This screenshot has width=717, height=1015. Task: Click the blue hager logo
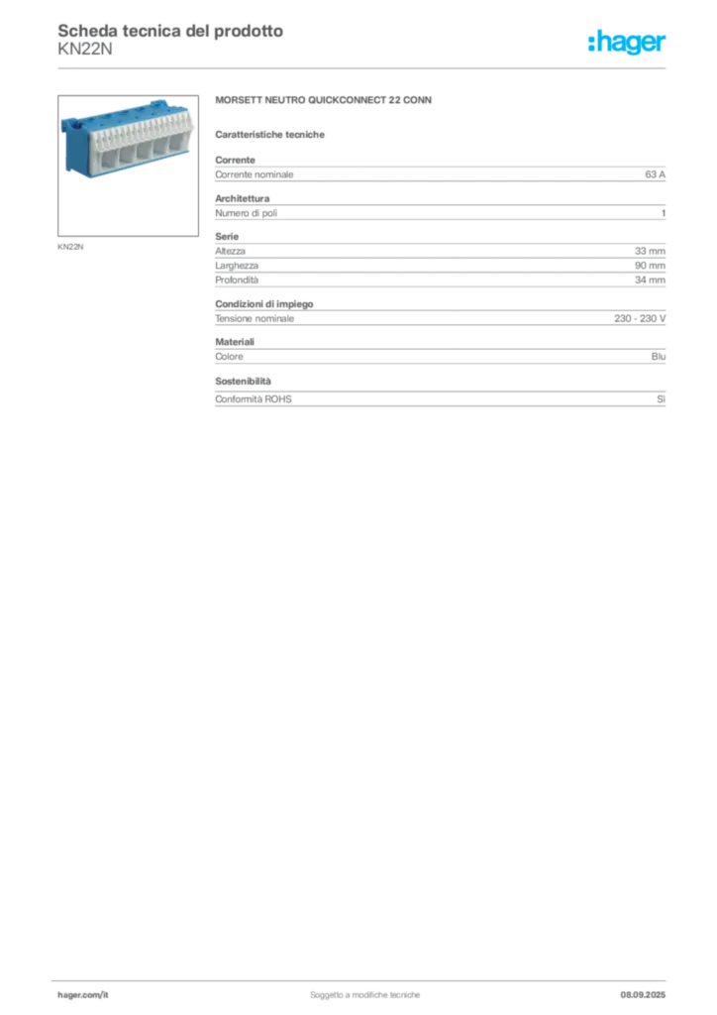[628, 43]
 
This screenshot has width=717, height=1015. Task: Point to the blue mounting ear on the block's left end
[69, 126]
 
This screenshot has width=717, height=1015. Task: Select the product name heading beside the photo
[325, 102]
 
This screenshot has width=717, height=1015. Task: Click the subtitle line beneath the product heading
[273, 134]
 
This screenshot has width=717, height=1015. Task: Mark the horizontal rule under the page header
[364, 67]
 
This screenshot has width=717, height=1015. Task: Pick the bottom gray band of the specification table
[440, 399]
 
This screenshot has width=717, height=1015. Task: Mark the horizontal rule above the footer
[364, 976]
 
